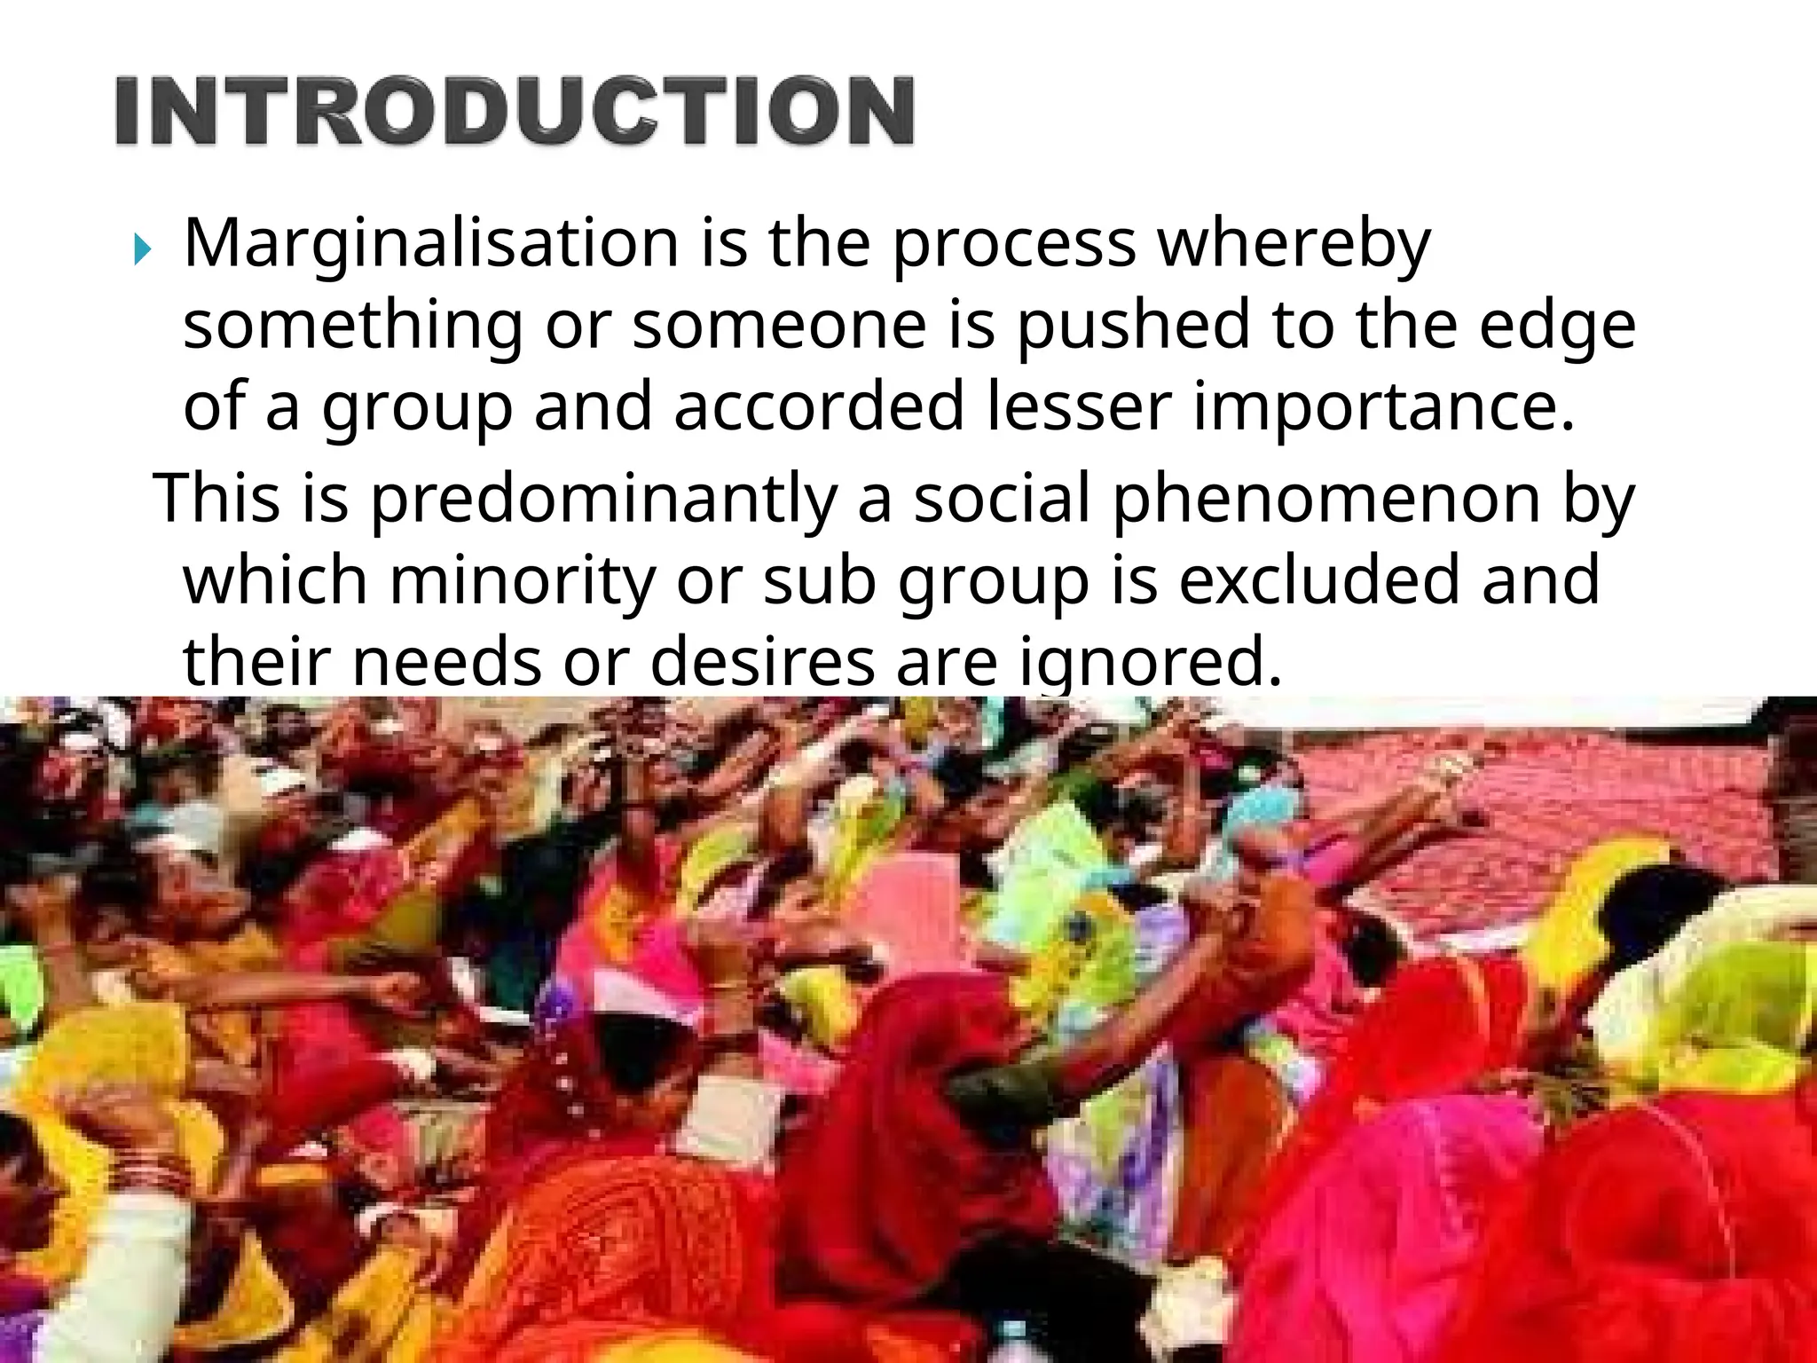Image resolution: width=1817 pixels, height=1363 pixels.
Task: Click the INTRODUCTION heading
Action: click(x=515, y=112)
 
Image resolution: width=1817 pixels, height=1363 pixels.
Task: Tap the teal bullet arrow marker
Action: click(x=142, y=253)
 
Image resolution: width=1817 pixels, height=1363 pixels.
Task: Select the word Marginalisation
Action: click(x=431, y=243)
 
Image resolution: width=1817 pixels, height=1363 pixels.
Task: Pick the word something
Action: click(x=353, y=327)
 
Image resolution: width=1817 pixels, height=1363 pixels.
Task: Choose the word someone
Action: click(x=779, y=325)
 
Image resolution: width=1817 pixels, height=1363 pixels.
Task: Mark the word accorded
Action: click(x=818, y=406)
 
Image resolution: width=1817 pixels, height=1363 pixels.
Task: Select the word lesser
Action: click(x=1078, y=406)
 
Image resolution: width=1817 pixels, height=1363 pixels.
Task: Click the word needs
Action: click(x=446, y=662)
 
